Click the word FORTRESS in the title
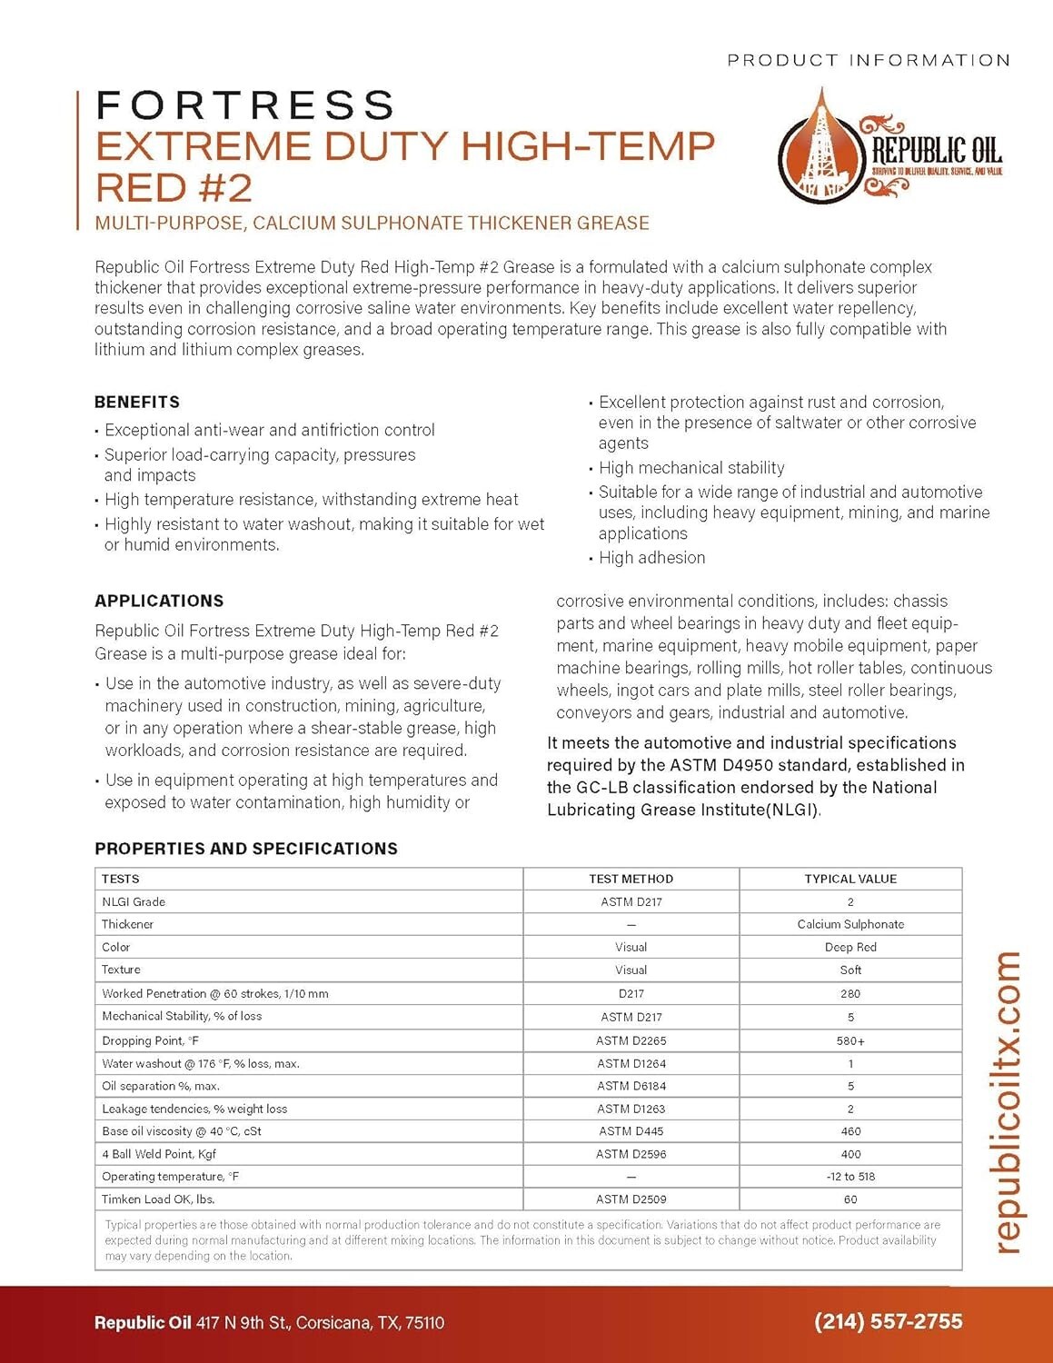[x=245, y=105]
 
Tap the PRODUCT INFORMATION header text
[x=868, y=60]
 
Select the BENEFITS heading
[x=137, y=402]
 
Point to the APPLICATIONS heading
[x=159, y=601]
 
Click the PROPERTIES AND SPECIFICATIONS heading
[x=246, y=849]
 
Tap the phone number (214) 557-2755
[x=888, y=1321]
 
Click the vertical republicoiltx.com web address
[x=1008, y=1102]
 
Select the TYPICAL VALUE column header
[x=850, y=879]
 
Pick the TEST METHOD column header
[x=631, y=879]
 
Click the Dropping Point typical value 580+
[x=850, y=1040]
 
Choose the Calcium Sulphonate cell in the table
[x=850, y=924]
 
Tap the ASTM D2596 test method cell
[x=631, y=1154]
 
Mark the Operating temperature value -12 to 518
[x=850, y=1177]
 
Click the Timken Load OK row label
[x=158, y=1199]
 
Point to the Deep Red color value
[x=850, y=947]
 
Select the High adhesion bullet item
[x=651, y=558]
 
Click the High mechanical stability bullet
[x=691, y=468]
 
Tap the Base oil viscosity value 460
[x=850, y=1131]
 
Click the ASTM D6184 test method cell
[x=631, y=1086]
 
